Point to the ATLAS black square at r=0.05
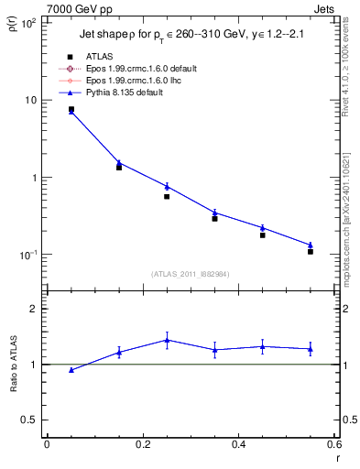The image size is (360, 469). point(71,109)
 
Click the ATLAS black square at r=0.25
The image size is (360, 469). point(167,196)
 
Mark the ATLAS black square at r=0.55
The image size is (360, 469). point(311,251)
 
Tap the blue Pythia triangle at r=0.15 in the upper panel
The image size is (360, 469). point(119,163)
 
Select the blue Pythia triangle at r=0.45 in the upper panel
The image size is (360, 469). point(263,228)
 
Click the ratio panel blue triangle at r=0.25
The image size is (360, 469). point(167,340)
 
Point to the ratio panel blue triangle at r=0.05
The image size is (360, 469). point(71,370)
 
